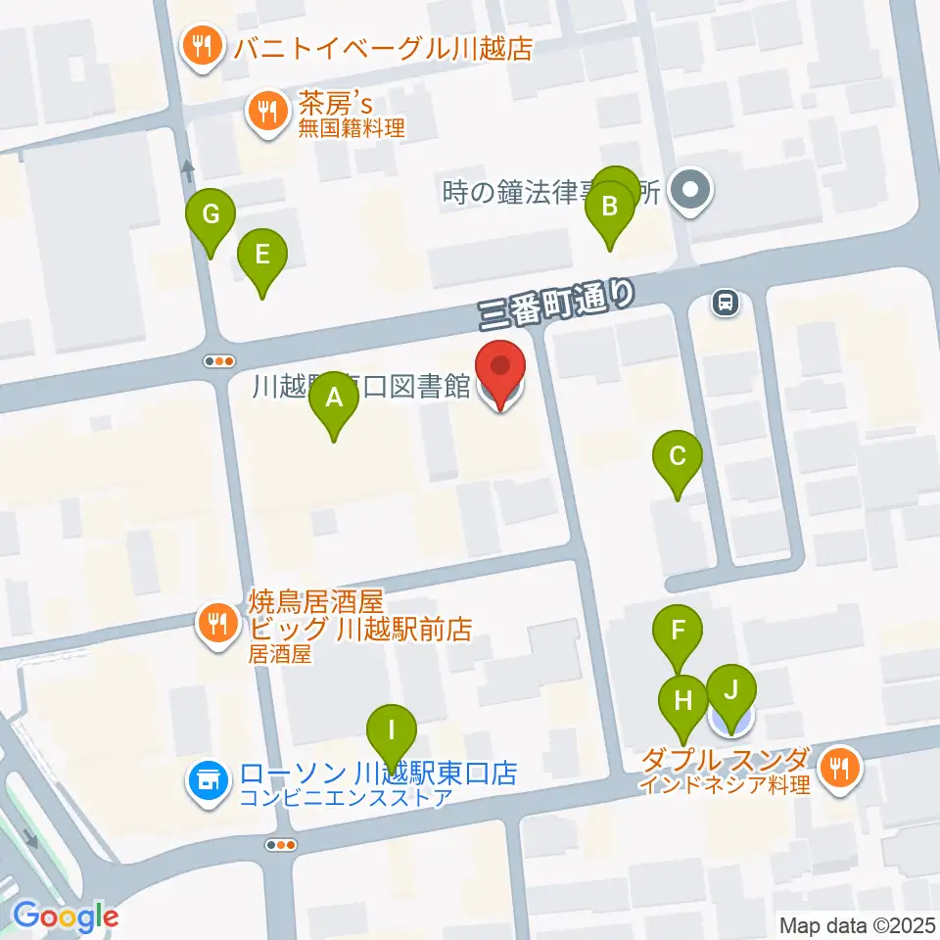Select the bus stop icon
coord(726,303)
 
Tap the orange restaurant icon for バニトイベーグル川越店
coord(201,47)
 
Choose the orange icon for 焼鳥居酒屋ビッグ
coord(214,622)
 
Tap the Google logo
coord(67,916)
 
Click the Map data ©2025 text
coord(858,924)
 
